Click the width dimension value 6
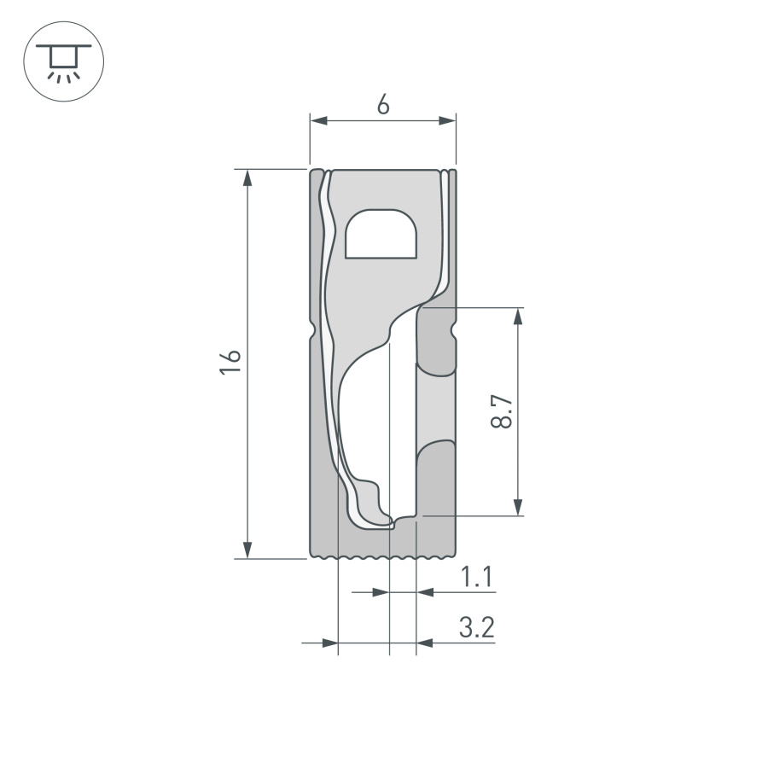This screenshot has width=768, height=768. tap(382, 105)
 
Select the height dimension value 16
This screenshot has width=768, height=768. tap(229, 362)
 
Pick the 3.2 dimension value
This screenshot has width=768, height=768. tap(476, 629)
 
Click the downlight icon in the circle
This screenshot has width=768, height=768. tap(63, 62)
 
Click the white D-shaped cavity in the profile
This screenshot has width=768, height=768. tap(382, 234)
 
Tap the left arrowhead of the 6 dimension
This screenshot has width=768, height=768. tap(318, 121)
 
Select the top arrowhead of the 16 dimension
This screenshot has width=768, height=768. tap(247, 177)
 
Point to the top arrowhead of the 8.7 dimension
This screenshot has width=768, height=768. tap(518, 317)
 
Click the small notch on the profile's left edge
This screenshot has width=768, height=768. tap(312, 329)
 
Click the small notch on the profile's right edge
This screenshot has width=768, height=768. tap(454, 329)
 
